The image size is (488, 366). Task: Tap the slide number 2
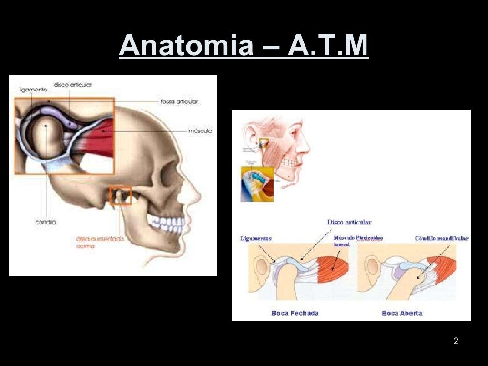pos(456,341)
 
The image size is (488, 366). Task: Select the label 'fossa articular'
pos(180,102)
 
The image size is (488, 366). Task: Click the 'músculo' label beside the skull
pos(200,131)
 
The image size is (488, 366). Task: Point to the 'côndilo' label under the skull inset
pos(46,222)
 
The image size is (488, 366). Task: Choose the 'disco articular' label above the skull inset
pos(73,85)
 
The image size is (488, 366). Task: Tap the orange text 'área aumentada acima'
pos(100,243)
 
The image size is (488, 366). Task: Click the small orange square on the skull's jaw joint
pos(120,195)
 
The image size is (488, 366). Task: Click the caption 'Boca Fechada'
pos(295,313)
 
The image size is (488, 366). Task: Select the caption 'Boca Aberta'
pos(402,313)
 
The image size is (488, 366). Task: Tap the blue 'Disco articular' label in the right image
pos(349,222)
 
